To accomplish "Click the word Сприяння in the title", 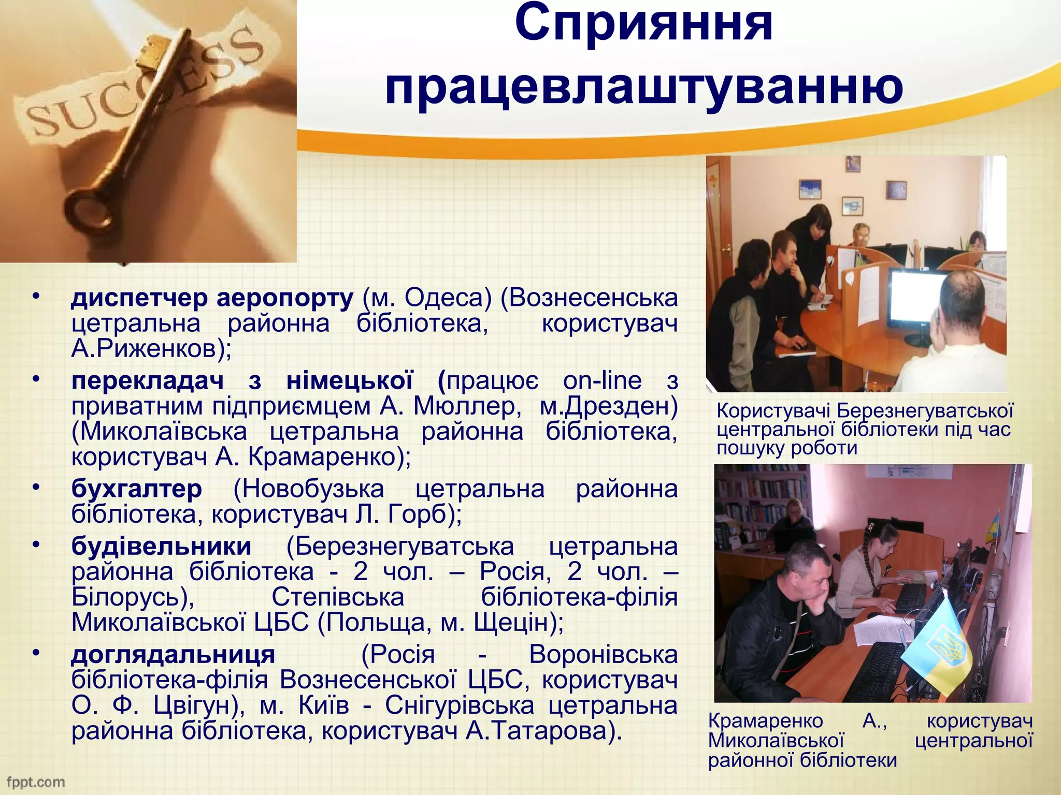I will point(643,23).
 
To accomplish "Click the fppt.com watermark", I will point(35,782).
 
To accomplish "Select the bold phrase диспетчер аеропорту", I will point(212,298).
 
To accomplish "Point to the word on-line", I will point(602,381).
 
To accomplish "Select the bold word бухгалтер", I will point(136,489).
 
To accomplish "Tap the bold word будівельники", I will point(161,547).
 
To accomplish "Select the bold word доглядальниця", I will point(173,655).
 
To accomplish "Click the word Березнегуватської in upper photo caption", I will point(925,411).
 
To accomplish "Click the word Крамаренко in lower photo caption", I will point(765,721).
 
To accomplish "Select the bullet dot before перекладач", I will point(35,379).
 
